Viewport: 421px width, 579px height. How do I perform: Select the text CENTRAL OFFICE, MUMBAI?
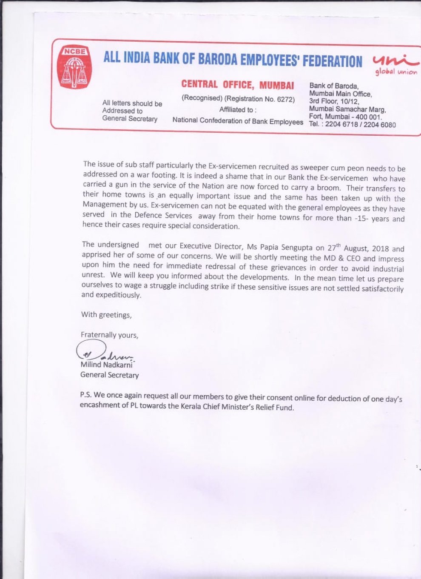tap(237, 85)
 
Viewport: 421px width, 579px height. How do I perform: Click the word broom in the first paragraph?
tap(331, 188)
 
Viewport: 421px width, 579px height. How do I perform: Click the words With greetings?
tap(106, 315)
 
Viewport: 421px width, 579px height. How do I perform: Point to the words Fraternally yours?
tap(109, 335)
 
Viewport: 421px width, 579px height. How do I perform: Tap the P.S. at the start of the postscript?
tap(86, 394)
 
